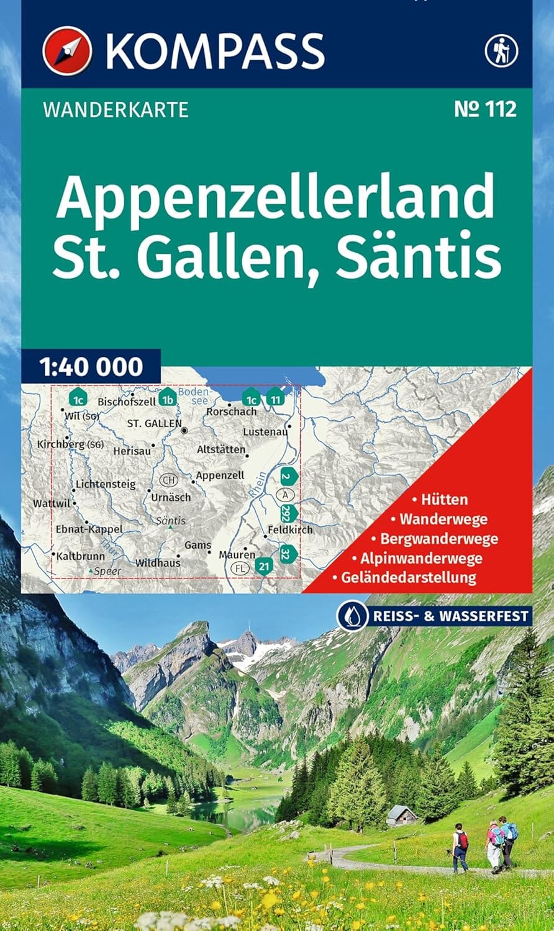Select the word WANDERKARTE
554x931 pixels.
tap(116, 110)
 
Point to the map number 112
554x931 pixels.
tap(485, 109)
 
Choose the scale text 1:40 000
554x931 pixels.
tap(91, 367)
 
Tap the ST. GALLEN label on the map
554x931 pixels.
tap(154, 424)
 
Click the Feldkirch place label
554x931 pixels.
tap(290, 530)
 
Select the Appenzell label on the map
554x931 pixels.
tap(220, 475)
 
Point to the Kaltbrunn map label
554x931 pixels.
tap(80, 556)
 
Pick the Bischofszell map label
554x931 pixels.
tap(127, 402)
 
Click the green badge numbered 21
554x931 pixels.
tap(265, 566)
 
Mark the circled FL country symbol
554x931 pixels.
tap(240, 569)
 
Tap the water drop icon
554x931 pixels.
tap(350, 616)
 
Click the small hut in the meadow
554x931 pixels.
tap(401, 815)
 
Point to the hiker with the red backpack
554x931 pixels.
tap(460, 847)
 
